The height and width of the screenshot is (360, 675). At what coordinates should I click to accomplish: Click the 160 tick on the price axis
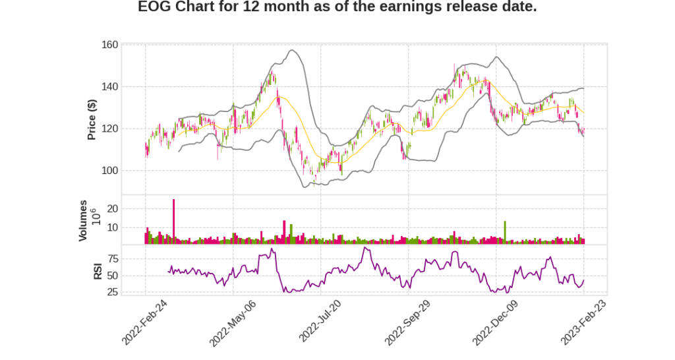pyautogui.click(x=110, y=45)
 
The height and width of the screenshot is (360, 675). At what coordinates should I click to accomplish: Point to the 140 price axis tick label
pyautogui.click(x=110, y=86)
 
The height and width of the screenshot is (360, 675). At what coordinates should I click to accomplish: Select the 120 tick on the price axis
pyautogui.click(x=110, y=129)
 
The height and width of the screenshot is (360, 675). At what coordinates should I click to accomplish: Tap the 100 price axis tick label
pyautogui.click(x=110, y=170)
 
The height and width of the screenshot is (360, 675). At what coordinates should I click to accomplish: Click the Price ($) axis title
pyautogui.click(x=92, y=119)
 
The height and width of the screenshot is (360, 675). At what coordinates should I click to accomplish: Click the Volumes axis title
pyautogui.click(x=83, y=220)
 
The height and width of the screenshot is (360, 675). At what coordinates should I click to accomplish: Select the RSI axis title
pyautogui.click(x=97, y=271)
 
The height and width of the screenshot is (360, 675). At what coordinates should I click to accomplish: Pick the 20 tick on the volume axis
pyautogui.click(x=113, y=208)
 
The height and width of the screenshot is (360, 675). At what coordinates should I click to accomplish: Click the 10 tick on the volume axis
pyautogui.click(x=113, y=227)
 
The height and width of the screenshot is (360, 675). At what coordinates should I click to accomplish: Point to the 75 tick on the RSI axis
pyautogui.click(x=113, y=258)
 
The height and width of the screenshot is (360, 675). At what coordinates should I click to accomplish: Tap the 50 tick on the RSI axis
pyautogui.click(x=113, y=276)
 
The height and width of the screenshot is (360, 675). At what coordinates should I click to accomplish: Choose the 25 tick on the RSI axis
pyautogui.click(x=113, y=292)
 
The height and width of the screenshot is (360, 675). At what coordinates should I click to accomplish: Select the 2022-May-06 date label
pyautogui.click(x=233, y=322)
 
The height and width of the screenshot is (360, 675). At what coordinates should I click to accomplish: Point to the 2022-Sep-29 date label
pyautogui.click(x=408, y=322)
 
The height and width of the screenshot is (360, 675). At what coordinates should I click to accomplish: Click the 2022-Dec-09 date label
pyautogui.click(x=496, y=322)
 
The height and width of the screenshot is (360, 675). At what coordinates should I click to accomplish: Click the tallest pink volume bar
pyautogui.click(x=173, y=222)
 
